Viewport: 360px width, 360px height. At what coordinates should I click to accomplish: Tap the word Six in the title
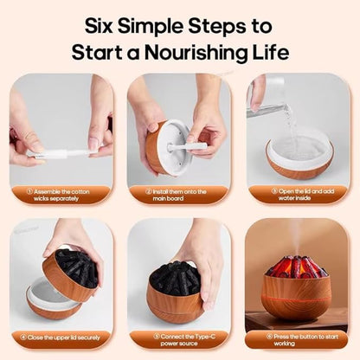(99, 26)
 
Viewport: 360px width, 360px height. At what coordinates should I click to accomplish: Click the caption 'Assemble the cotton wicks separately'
(58, 195)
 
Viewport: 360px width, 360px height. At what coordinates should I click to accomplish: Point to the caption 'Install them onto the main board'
(176, 195)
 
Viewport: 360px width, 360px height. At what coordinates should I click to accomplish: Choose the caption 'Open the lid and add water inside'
(303, 195)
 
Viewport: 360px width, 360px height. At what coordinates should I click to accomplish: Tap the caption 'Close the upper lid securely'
(60, 337)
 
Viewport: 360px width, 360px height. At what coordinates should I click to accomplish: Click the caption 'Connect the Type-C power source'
(184, 340)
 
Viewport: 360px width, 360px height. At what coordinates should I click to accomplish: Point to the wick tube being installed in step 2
(188, 145)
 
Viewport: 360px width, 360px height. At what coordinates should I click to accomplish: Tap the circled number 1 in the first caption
(29, 191)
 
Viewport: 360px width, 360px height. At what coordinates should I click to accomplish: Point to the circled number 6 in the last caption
(269, 337)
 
